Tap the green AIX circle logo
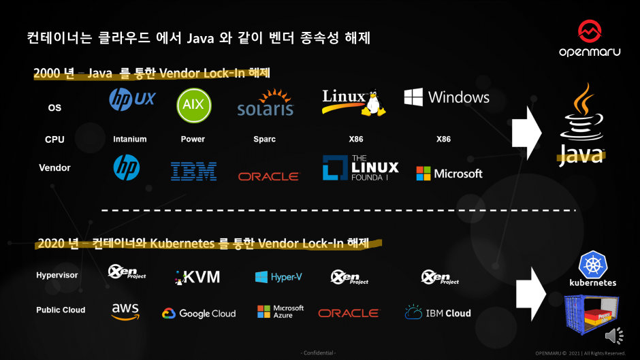(x=194, y=105)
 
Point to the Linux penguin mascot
(x=371, y=103)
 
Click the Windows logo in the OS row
(x=447, y=97)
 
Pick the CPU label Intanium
(x=129, y=139)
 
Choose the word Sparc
(x=264, y=139)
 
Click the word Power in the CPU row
(x=193, y=139)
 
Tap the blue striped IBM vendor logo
(x=193, y=171)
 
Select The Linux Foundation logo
(x=360, y=168)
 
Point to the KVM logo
(x=197, y=276)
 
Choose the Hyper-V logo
(x=278, y=277)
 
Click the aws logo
(x=125, y=310)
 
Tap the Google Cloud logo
(x=199, y=314)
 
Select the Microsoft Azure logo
(x=281, y=312)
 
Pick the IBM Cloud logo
(x=438, y=313)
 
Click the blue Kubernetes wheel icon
(x=592, y=264)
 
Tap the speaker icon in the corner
(x=613, y=335)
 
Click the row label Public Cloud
(x=61, y=310)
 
